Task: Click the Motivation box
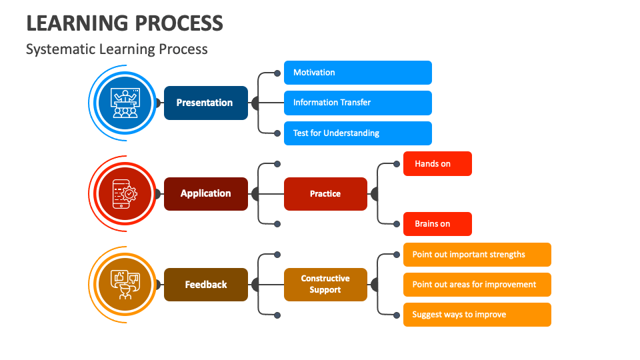point(358,73)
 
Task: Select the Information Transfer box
point(358,103)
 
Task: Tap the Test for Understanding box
point(358,133)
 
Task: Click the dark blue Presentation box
point(206,103)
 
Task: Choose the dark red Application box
point(206,194)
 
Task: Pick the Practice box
point(325,194)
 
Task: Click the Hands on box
point(437,164)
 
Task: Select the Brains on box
point(437,224)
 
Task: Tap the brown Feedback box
point(206,285)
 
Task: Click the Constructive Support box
point(325,285)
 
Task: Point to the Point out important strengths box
point(477,255)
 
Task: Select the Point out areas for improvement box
point(477,285)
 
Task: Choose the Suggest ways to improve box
point(477,315)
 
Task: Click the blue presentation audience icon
point(125,103)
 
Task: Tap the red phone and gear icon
point(125,194)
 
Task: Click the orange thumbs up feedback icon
point(125,285)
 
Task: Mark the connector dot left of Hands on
point(396,164)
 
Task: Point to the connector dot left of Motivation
point(277,73)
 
